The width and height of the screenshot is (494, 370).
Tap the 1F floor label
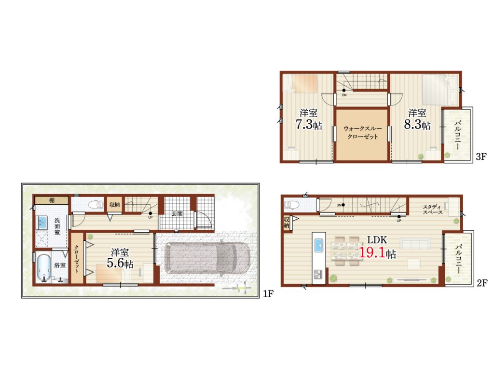click(268, 294)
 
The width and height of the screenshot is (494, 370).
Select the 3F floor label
click(481, 157)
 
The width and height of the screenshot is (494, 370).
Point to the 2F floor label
click(482, 283)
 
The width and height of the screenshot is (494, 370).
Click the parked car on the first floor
click(207, 258)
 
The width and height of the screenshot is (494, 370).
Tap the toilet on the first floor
click(96, 205)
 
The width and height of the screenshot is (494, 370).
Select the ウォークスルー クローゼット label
click(362, 132)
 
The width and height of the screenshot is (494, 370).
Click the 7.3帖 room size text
click(308, 125)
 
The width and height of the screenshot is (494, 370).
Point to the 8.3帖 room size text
click(417, 125)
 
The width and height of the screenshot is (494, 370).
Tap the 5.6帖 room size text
click(120, 263)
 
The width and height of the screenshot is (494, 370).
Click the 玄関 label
click(177, 213)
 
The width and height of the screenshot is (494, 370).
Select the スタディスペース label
click(433, 210)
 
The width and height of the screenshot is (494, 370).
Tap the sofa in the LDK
click(415, 244)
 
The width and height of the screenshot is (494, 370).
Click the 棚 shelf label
click(52, 200)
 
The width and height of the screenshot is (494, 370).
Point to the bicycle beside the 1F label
click(237, 288)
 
